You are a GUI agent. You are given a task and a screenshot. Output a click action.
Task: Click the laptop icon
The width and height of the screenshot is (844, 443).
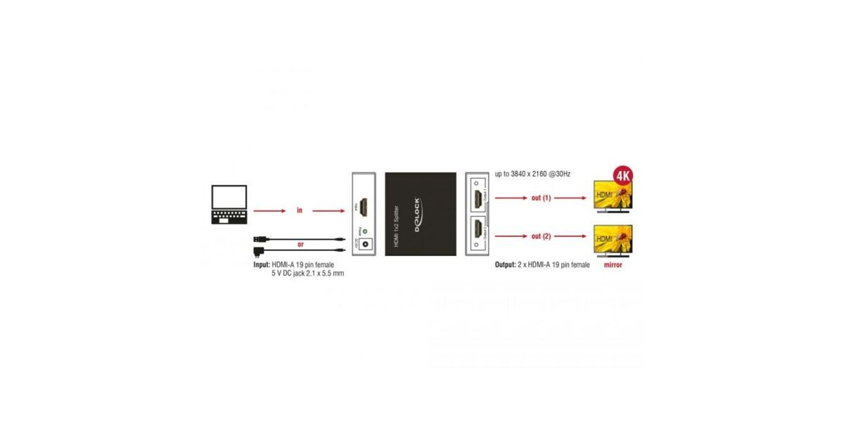[229, 205]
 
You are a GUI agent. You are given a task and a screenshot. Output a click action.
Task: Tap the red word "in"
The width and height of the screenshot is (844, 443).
[299, 210]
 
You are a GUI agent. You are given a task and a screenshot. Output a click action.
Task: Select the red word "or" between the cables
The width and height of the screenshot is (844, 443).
[300, 245]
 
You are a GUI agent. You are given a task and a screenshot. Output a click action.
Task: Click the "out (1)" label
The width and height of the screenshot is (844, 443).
[541, 198]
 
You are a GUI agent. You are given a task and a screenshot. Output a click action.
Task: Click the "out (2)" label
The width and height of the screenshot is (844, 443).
[541, 236]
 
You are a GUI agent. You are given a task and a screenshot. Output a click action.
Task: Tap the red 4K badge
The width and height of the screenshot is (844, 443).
[622, 174]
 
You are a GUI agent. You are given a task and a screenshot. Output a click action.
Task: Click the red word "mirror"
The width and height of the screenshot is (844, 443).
[612, 265]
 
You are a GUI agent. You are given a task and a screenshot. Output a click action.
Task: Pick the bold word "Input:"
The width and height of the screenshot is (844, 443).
[262, 265]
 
